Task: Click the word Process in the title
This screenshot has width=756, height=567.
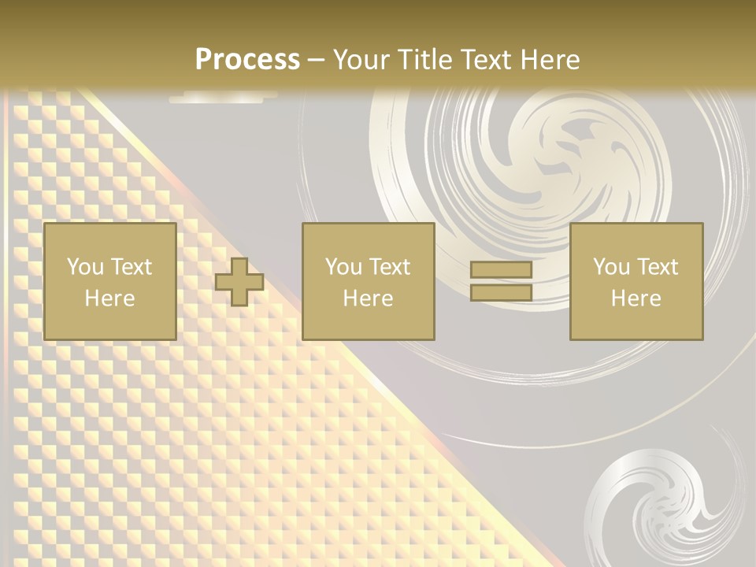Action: click(247, 60)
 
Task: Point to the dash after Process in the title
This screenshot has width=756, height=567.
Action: click(316, 61)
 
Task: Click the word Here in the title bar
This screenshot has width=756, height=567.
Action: click(549, 60)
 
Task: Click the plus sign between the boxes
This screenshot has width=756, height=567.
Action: click(239, 282)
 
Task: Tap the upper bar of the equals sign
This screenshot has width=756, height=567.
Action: click(501, 270)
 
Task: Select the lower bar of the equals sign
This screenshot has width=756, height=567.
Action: click(501, 293)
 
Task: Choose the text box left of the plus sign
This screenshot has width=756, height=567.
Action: click(110, 281)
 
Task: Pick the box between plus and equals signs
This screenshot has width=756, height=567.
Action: click(369, 281)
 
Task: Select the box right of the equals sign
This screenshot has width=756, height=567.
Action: click(636, 281)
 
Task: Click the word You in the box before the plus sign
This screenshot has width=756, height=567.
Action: click(84, 267)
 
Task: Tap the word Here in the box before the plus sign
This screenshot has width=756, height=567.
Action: click(110, 298)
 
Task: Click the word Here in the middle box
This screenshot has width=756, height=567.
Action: click(369, 298)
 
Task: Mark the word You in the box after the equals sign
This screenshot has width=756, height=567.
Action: click(610, 267)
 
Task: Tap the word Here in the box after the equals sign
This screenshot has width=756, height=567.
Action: click(636, 298)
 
